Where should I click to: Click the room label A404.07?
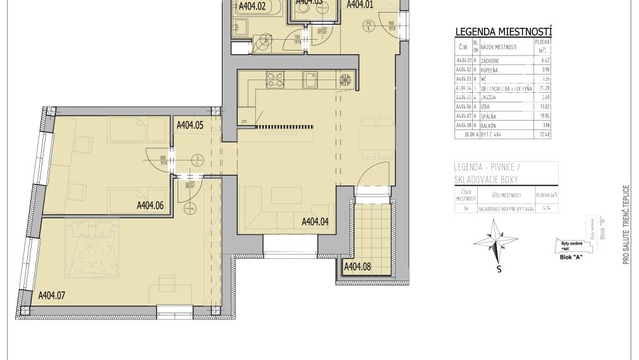52,295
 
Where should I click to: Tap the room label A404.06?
150,205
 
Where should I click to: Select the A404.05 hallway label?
189,125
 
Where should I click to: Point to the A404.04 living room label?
315,222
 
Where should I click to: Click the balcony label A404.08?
357,267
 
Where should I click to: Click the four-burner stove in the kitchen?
276,80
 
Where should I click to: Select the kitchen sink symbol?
310,80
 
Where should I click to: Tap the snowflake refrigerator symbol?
345,80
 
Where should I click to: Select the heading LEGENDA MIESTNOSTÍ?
504,32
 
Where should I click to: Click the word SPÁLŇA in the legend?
489,116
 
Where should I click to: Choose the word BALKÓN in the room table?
489,126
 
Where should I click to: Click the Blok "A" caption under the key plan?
571,257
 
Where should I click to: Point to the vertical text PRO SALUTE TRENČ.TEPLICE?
626,224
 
